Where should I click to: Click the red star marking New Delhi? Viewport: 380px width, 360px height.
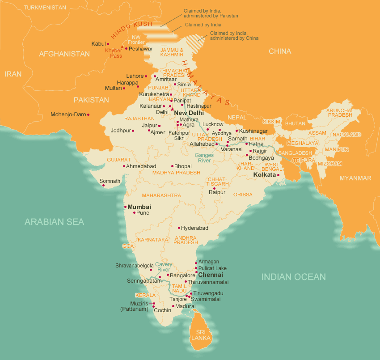point(172,109)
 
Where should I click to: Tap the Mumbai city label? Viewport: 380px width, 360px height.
point(139,207)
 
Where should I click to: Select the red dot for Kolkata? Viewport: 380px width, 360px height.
point(278,175)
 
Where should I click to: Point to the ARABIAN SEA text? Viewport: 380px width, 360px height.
point(54,222)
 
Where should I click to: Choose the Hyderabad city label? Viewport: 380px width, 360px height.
point(194,228)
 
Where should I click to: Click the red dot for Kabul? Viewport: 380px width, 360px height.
point(108,44)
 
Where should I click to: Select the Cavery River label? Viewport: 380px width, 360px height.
point(164,267)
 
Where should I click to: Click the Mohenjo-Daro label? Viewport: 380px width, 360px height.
point(68,114)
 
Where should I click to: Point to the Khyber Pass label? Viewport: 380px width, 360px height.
point(113,53)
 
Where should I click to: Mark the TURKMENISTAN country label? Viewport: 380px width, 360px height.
point(45,8)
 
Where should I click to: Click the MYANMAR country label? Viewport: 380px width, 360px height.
point(355,178)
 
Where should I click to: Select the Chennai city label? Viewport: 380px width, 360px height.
point(210,275)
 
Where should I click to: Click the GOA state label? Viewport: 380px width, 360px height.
point(128,246)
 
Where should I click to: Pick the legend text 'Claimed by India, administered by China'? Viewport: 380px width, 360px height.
point(234,36)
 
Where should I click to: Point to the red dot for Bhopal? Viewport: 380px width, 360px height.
point(172,166)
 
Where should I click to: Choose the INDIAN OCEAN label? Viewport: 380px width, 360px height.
point(293,277)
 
